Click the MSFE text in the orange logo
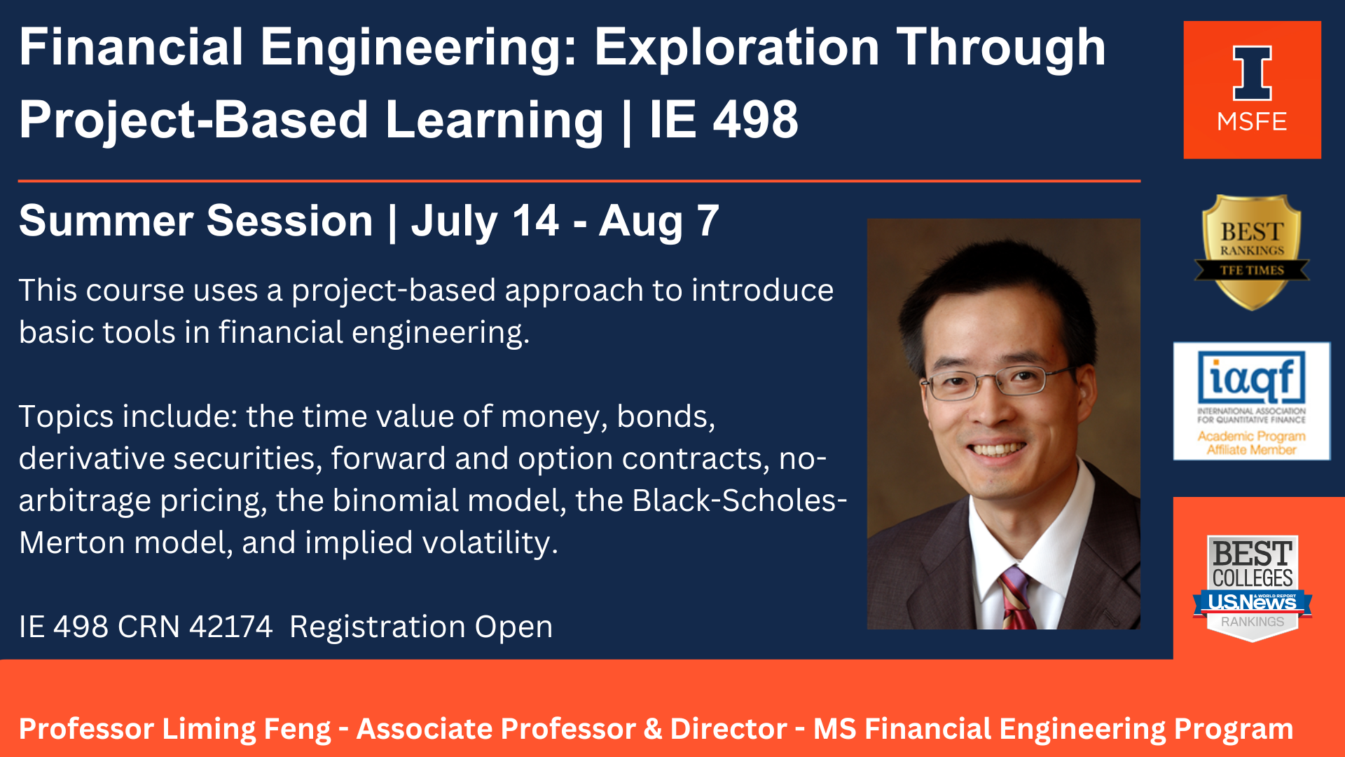click(1252, 122)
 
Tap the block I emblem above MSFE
click(1252, 74)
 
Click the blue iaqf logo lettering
click(1252, 377)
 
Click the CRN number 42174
click(230, 627)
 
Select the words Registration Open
click(421, 627)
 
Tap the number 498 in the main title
click(756, 119)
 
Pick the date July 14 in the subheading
click(485, 221)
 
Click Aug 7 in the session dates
click(659, 221)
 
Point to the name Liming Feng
click(247, 729)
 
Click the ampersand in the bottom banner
click(652, 729)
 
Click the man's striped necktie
click(1017, 597)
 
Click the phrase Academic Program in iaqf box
click(1251, 436)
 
